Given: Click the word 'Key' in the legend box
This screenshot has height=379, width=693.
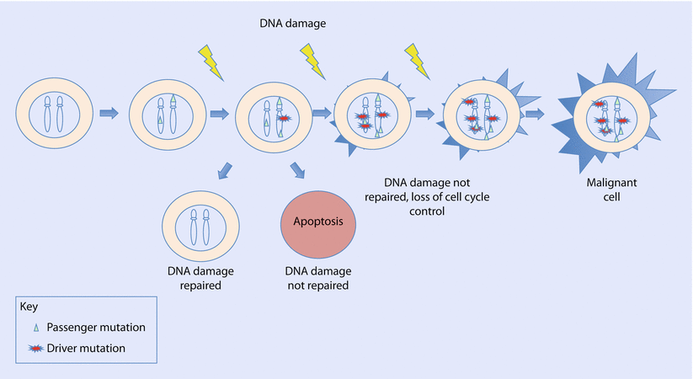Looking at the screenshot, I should pos(29,307).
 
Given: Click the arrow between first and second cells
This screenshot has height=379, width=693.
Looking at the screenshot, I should pos(110,112).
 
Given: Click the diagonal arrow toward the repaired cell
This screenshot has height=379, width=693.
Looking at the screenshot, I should pos(224,170).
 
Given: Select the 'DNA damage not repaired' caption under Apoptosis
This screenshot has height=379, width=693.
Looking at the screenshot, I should pos(318,279).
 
